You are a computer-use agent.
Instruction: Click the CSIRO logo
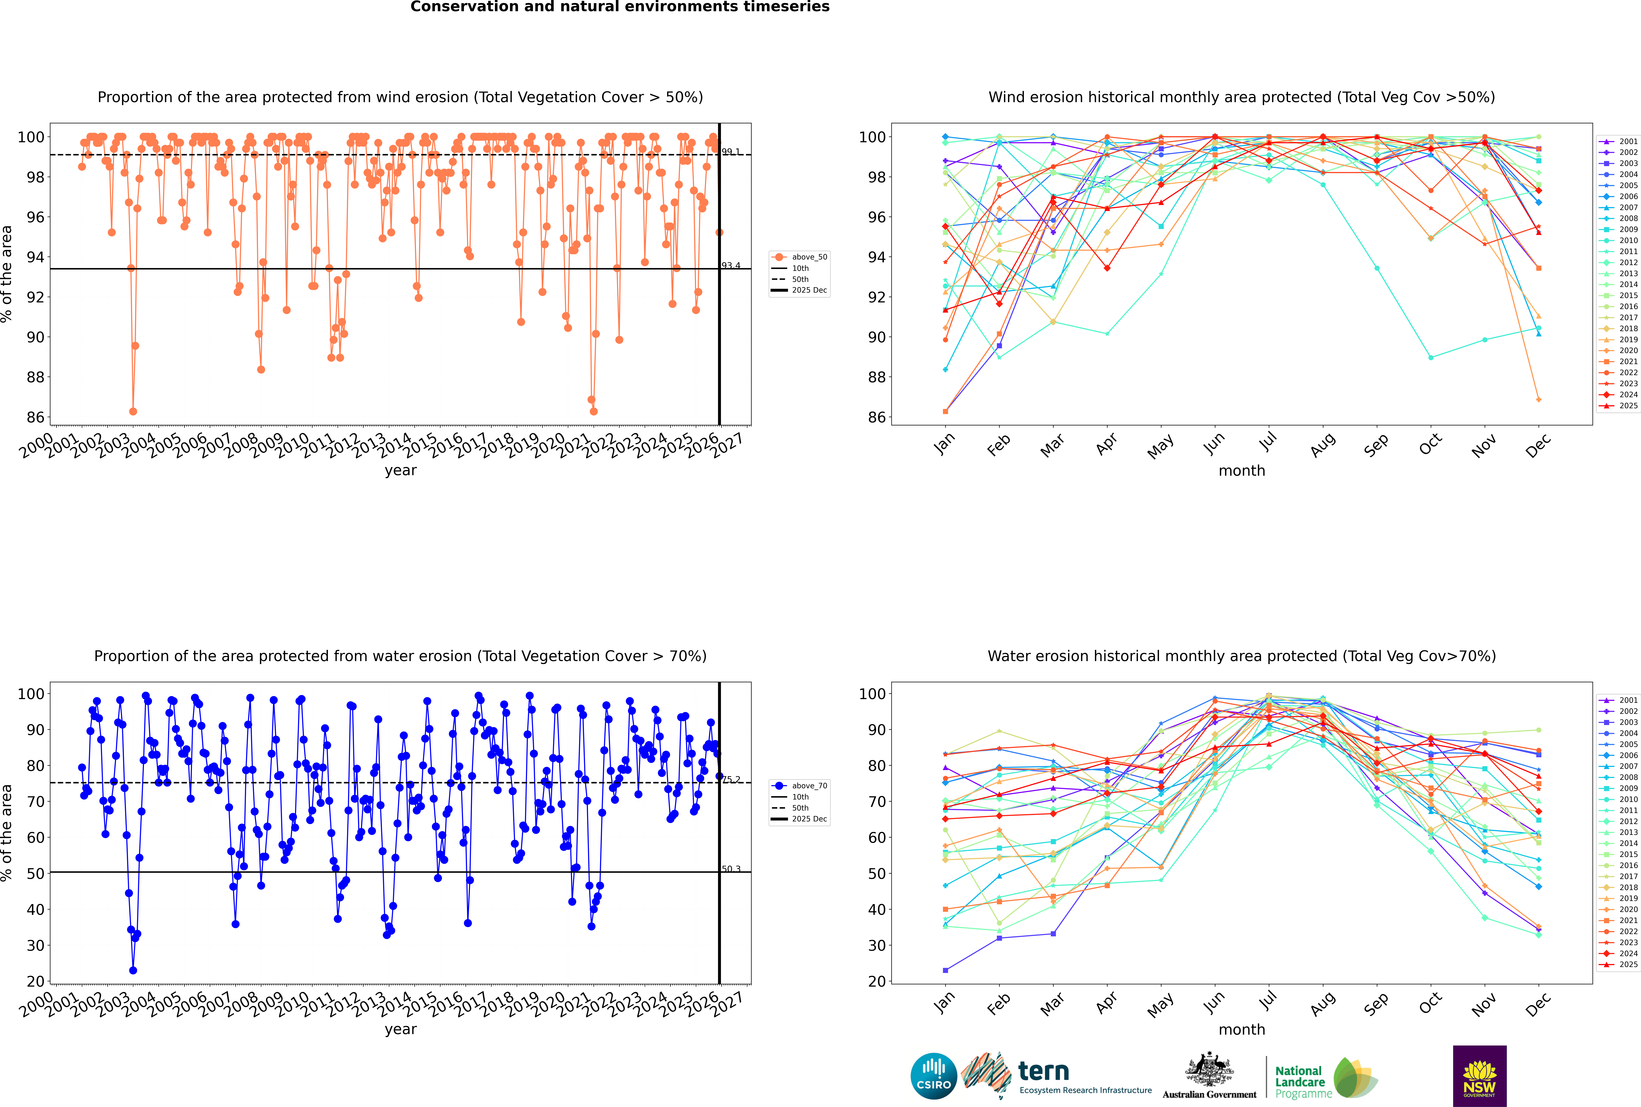click(x=933, y=1076)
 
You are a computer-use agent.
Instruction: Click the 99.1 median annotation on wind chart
click(x=731, y=152)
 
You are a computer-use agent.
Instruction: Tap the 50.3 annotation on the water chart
click(x=731, y=869)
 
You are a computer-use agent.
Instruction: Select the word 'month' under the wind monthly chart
click(x=1242, y=471)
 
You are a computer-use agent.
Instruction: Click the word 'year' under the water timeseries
click(x=400, y=1029)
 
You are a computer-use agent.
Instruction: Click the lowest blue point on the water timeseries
click(x=133, y=971)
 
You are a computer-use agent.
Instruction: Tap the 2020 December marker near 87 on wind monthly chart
click(x=1539, y=400)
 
